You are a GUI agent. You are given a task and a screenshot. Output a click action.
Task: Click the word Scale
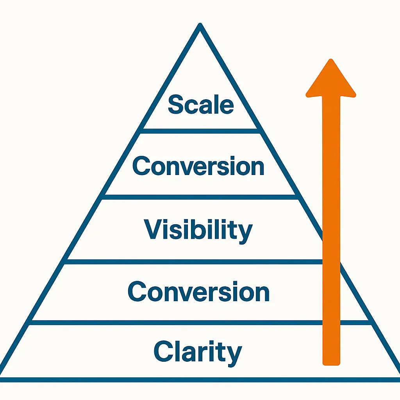pos(201,105)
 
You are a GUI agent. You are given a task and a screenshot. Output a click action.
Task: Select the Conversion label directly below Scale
pos(198,166)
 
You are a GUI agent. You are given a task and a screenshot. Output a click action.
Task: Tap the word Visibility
pos(198,230)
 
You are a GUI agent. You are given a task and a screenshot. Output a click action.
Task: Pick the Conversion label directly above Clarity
pos(198,292)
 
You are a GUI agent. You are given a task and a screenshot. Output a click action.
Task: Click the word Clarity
pos(198,351)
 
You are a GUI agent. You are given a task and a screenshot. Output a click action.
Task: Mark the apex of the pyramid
pos(200,26)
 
